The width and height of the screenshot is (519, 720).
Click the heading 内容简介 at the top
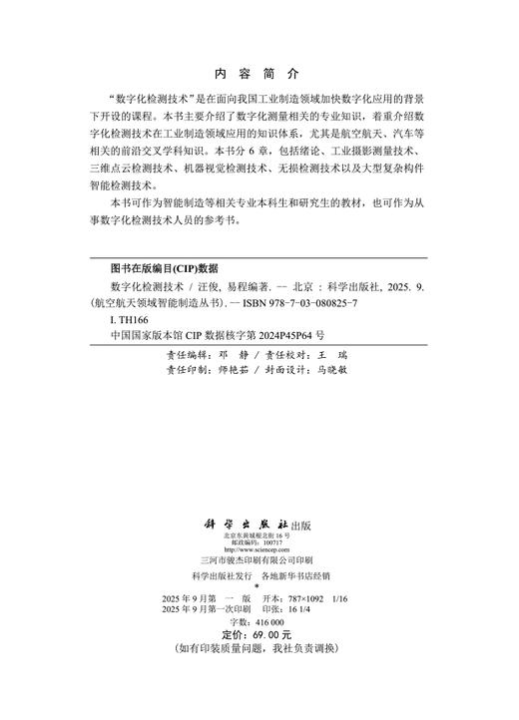(257, 74)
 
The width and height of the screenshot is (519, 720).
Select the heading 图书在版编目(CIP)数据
(164, 268)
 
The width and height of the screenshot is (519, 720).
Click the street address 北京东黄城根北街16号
(258, 537)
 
